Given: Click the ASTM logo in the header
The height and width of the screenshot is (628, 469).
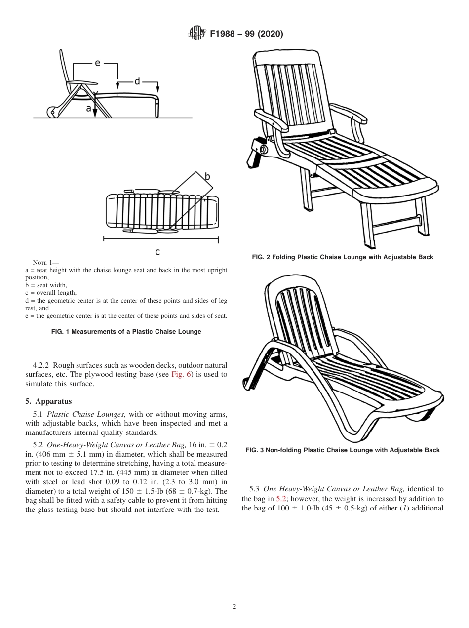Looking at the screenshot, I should click(x=196, y=34).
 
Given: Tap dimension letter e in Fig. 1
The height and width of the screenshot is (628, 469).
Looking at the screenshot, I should click(x=97, y=63).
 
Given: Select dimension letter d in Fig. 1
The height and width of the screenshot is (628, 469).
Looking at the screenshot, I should click(x=137, y=81).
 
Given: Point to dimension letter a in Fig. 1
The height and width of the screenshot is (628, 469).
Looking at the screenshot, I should click(x=89, y=108).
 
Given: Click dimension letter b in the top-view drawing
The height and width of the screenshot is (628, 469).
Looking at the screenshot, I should click(x=207, y=176).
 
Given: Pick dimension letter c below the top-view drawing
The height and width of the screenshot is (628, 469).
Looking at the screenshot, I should click(x=157, y=252).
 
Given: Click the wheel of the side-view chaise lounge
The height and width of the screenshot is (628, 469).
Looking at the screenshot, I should click(x=51, y=112).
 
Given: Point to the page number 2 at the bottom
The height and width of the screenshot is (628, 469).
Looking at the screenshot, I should click(x=234, y=607).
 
